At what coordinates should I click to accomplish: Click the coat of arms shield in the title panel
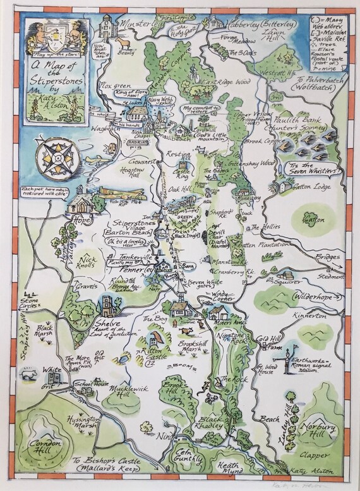49,40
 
